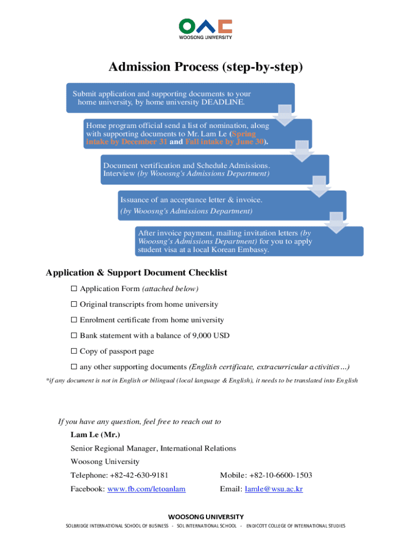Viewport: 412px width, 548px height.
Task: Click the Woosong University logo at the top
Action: coord(205,29)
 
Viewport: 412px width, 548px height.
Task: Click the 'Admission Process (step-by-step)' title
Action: coord(205,67)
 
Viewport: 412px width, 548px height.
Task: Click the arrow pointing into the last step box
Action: coord(338,222)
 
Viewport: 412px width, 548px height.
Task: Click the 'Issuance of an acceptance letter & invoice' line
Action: coord(191,200)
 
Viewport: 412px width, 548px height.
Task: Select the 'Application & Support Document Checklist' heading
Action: coord(136,272)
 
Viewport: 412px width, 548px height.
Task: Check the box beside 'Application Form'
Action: coord(74,289)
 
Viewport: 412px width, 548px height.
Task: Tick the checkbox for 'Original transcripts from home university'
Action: coord(74,305)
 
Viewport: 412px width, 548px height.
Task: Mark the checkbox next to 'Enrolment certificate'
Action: coord(74,320)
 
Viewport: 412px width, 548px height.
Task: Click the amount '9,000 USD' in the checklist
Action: coord(211,336)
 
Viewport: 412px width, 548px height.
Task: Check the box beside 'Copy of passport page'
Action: coord(74,351)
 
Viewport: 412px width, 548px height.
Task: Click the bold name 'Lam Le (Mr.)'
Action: coord(95,434)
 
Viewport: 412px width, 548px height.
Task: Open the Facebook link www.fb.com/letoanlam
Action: coord(150,489)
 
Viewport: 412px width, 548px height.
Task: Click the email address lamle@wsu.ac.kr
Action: coord(273,489)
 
